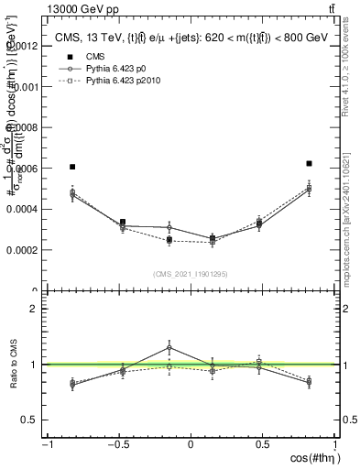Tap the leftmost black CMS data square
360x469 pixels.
72,167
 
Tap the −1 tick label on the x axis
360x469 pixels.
46,445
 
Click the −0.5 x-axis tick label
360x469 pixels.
118,445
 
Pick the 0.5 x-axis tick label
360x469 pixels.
263,445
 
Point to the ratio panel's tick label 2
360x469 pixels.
33,309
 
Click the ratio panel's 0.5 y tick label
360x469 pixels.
29,420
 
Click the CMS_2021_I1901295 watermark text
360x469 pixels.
191,274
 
